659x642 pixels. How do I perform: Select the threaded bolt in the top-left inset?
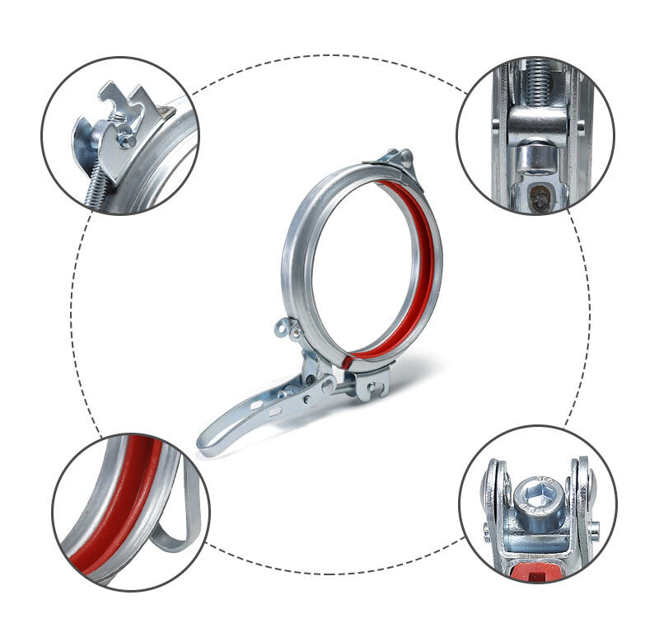pyautogui.click(x=95, y=186)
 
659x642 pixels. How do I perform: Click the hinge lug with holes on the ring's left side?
pyautogui.click(x=286, y=328)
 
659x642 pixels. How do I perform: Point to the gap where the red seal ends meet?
pyautogui.click(x=347, y=357)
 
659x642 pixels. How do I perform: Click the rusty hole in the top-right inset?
pyautogui.click(x=536, y=198)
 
